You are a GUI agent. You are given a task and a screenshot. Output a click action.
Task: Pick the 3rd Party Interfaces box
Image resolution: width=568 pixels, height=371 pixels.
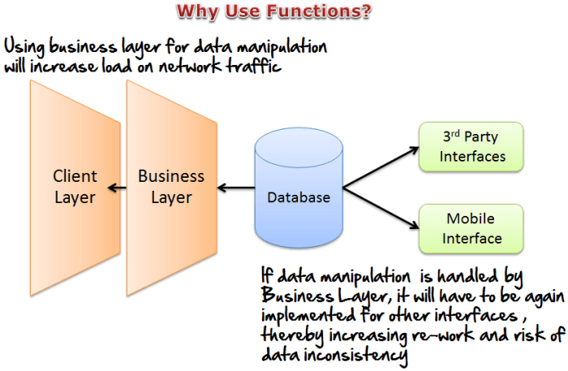coord(472,147)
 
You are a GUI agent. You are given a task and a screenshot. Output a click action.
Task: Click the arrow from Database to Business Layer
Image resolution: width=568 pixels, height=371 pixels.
coord(235,190)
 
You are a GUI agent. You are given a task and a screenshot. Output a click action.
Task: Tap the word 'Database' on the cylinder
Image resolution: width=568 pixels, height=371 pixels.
coord(299,197)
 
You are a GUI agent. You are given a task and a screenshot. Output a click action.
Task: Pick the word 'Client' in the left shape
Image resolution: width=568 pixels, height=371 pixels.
coord(75,176)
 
